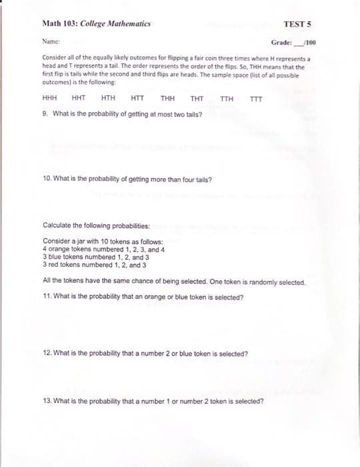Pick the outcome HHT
[79, 98]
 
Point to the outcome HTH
[108, 98]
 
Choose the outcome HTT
[137, 98]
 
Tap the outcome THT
[197, 98]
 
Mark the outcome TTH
[227, 99]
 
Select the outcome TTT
[256, 99]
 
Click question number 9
[44, 113]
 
